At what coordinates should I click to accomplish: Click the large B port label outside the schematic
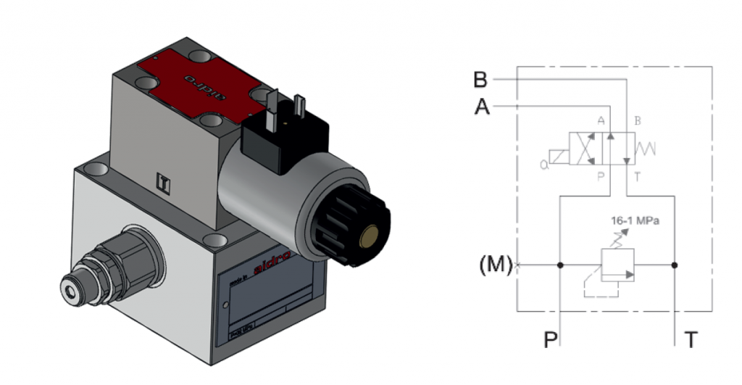(x=481, y=78)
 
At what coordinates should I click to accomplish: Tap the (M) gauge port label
(x=495, y=265)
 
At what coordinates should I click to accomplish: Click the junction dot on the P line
(x=559, y=265)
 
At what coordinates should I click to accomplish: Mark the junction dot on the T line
(x=675, y=265)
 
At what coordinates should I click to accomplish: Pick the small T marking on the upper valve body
(x=165, y=181)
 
